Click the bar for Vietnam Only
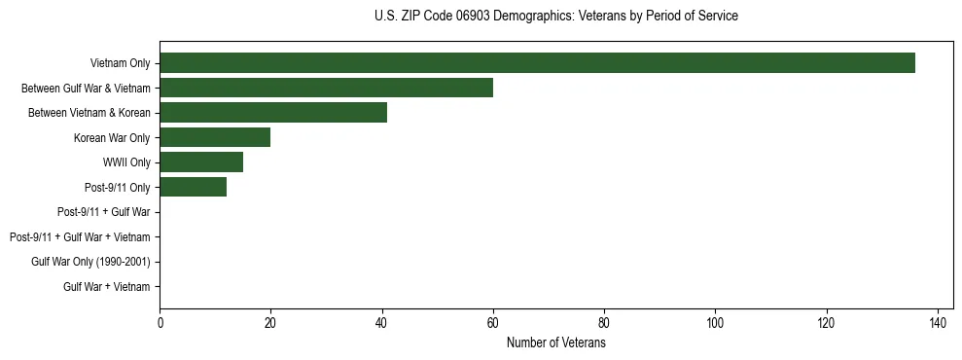click(x=537, y=63)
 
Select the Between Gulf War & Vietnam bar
click(x=326, y=88)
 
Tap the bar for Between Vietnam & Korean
click(x=273, y=113)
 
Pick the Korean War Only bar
click(x=215, y=137)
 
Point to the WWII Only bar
click(x=201, y=162)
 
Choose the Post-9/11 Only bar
click(x=193, y=187)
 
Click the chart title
click(x=555, y=17)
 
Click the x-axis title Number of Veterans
click(x=555, y=343)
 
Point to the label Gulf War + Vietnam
click(x=107, y=286)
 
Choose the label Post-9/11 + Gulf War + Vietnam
click(x=80, y=236)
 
